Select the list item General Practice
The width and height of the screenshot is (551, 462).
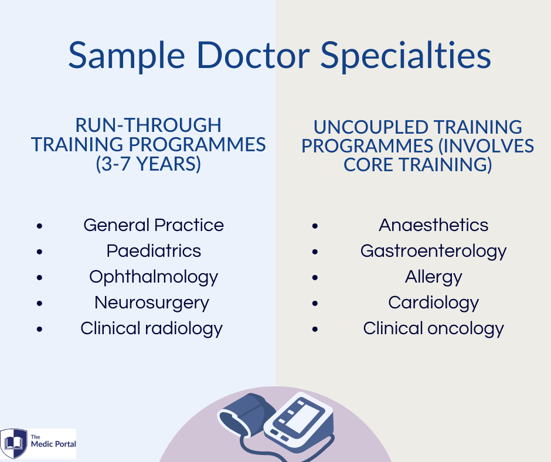pos(154,225)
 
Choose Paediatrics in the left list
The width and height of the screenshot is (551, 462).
pos(154,251)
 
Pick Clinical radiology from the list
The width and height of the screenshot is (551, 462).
pos(151,329)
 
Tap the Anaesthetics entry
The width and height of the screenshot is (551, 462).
pos(434,225)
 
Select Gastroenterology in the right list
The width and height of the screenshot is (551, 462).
pos(434,252)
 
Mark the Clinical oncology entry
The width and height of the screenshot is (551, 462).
pos(434,329)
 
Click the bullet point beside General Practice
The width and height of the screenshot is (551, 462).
pos(39,226)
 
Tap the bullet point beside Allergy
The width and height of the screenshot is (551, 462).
pos(315,278)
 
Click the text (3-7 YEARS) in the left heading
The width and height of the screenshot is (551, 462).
pos(148,164)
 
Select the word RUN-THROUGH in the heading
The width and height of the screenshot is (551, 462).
pos(148,125)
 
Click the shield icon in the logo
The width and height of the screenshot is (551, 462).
pos(13,443)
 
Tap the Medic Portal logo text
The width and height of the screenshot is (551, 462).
pos(53,441)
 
